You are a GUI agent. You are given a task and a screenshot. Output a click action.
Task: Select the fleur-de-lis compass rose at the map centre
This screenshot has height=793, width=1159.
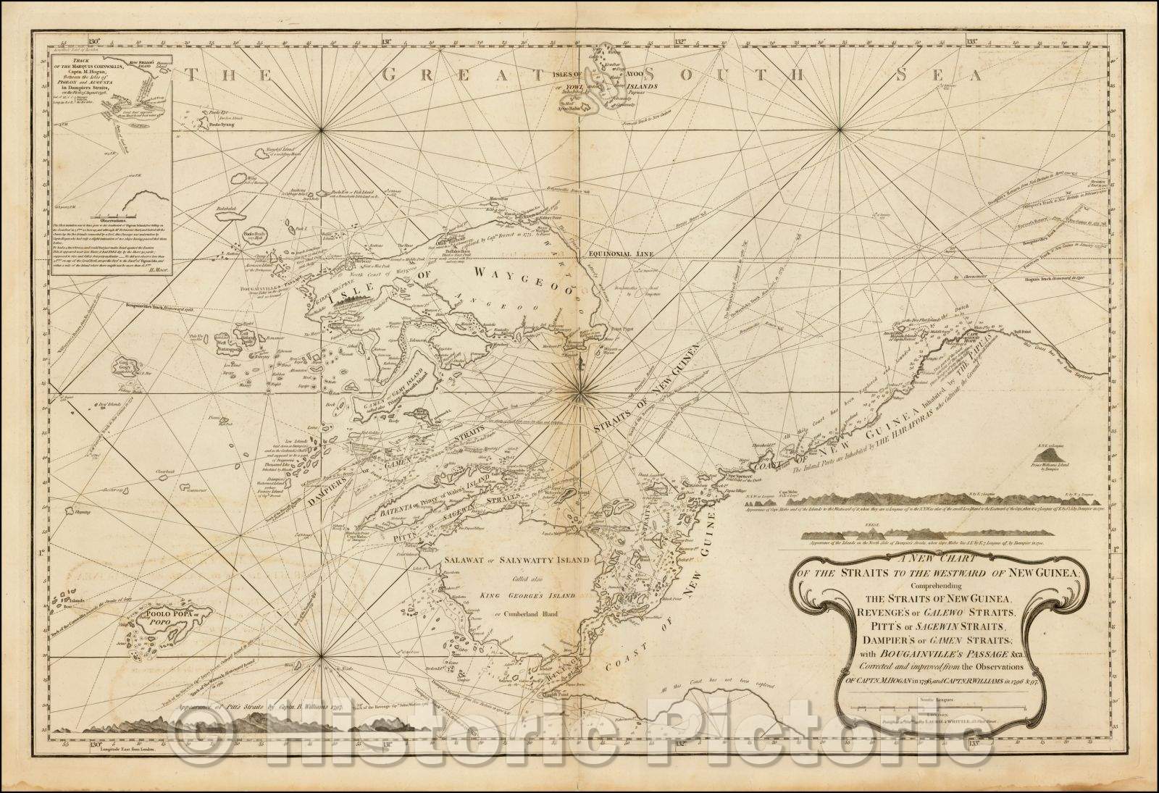[x=580, y=393]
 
